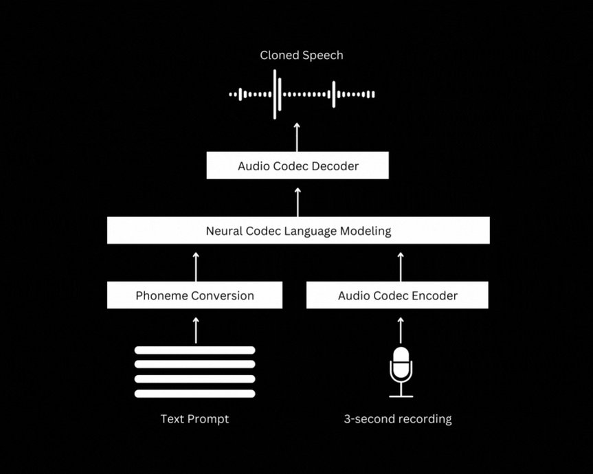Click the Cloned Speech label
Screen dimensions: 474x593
pos(301,56)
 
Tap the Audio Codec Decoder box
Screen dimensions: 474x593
pos(298,166)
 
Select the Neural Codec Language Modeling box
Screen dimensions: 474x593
pos(298,231)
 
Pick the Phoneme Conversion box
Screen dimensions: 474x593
pos(194,296)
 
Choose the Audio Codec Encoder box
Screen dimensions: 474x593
pos(397,296)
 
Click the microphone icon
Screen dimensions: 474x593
pos(401,372)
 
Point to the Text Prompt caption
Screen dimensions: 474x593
pos(194,419)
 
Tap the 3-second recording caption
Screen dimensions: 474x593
pos(398,419)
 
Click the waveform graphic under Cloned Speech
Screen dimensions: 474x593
pos(302,94)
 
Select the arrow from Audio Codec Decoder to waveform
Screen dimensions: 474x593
pos(298,137)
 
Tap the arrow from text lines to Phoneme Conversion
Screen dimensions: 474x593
pos(196,330)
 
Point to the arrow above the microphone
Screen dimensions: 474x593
pos(401,330)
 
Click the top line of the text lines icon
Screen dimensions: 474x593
pos(194,350)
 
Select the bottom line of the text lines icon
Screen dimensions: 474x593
pos(194,394)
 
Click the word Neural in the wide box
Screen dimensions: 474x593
pos(225,232)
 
